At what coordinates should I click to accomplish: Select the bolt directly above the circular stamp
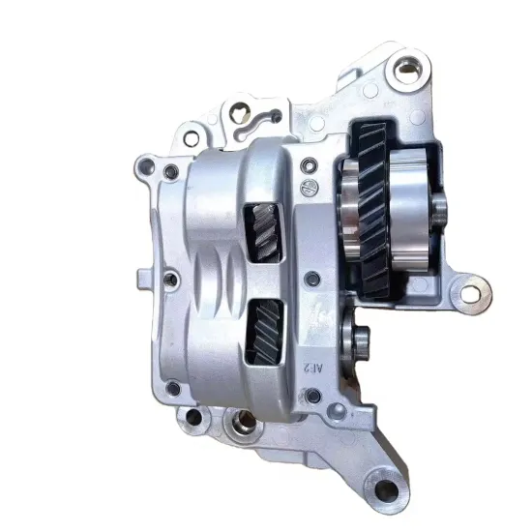pyautogui.click(x=309, y=163)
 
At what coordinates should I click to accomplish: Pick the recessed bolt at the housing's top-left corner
pyautogui.click(x=171, y=173)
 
